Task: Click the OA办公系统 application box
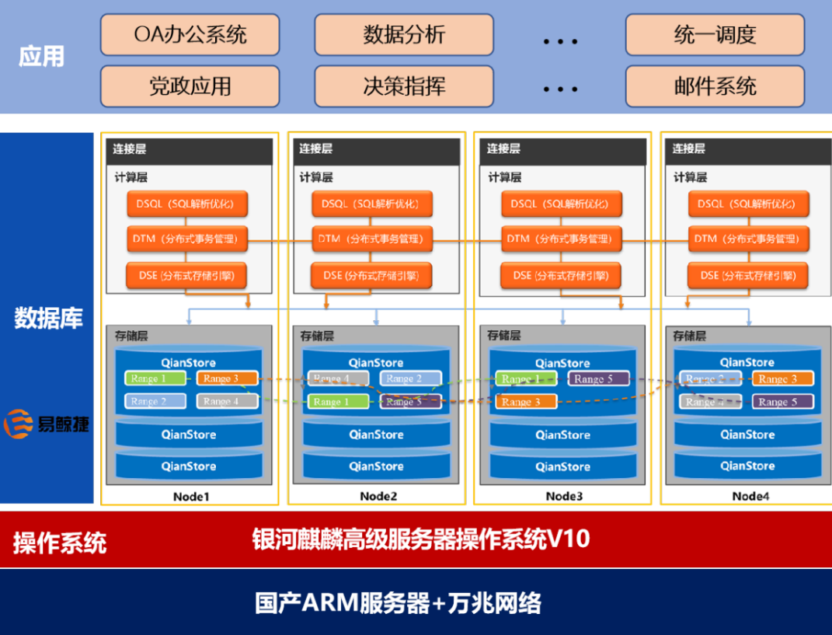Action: (190, 35)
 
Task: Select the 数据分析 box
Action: (404, 35)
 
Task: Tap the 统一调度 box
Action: (715, 35)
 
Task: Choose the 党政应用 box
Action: (190, 85)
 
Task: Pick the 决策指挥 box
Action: (404, 85)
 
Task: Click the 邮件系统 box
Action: (715, 85)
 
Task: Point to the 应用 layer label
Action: (42, 57)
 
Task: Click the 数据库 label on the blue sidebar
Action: (48, 318)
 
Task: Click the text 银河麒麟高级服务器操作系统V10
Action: (421, 539)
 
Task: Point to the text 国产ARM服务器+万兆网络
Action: (398, 603)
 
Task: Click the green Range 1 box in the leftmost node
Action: (155, 379)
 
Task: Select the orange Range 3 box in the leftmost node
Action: (227, 379)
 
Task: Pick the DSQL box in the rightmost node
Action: (748, 204)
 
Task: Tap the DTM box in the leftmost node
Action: (187, 239)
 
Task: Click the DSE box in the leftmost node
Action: (187, 275)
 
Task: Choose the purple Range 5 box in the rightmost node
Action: (783, 402)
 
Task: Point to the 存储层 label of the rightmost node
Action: (690, 337)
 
